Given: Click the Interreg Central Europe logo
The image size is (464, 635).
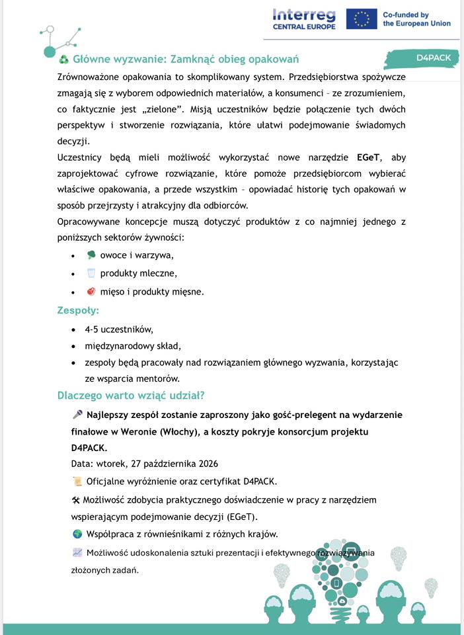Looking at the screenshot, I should [304, 19].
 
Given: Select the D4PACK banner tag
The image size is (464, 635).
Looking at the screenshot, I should [433, 58].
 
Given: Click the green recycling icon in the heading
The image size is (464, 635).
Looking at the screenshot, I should [64, 60].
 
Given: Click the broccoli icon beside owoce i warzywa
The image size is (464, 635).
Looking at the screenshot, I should [91, 255].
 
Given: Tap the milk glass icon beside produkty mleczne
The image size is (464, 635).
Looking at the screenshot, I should [91, 273].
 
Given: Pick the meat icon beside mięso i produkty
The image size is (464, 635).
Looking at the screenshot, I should [91, 291].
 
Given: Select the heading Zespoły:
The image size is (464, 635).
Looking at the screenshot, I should [78, 310].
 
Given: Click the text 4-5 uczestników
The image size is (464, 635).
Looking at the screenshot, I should [119, 329].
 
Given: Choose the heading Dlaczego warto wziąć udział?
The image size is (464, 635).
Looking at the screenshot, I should [131, 396].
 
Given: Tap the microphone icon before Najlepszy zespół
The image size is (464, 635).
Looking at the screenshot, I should [77, 415].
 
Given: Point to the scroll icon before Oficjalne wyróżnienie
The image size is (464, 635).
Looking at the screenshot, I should [77, 481].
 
